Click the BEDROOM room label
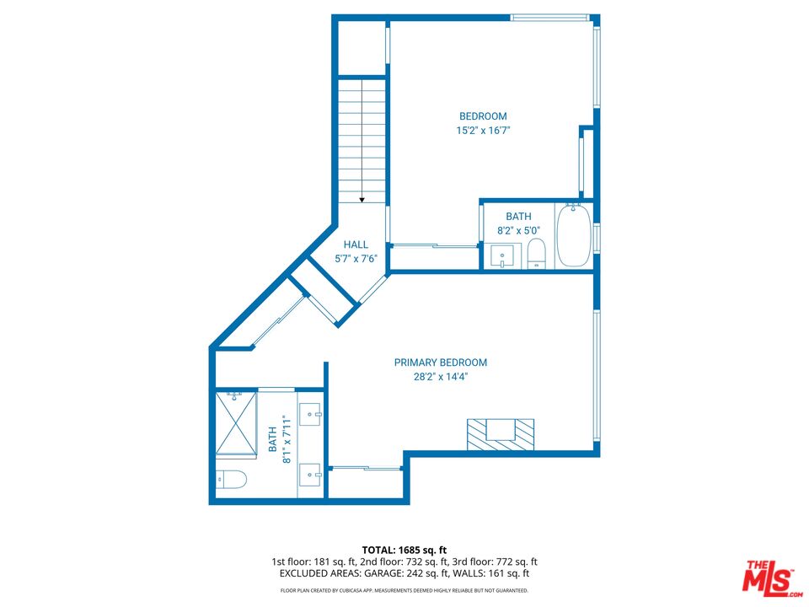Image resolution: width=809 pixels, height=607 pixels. (x=483, y=116)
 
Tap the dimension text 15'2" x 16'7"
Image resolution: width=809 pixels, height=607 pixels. (x=483, y=131)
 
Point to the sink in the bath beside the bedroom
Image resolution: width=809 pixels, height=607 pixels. (x=503, y=255)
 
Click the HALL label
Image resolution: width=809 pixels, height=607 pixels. (x=356, y=244)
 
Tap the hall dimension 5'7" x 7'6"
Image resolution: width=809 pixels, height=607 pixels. (x=356, y=259)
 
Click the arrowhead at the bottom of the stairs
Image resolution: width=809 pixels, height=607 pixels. (x=362, y=200)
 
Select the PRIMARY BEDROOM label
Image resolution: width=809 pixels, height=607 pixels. (x=441, y=363)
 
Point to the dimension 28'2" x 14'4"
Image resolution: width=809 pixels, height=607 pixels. (x=441, y=377)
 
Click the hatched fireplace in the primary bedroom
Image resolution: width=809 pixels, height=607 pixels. (x=501, y=432)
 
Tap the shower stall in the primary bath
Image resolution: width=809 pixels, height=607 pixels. (x=236, y=423)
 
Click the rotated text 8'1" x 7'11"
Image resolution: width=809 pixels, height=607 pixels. (x=280, y=439)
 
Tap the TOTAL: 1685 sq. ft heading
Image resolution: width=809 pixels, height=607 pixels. (x=404, y=549)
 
